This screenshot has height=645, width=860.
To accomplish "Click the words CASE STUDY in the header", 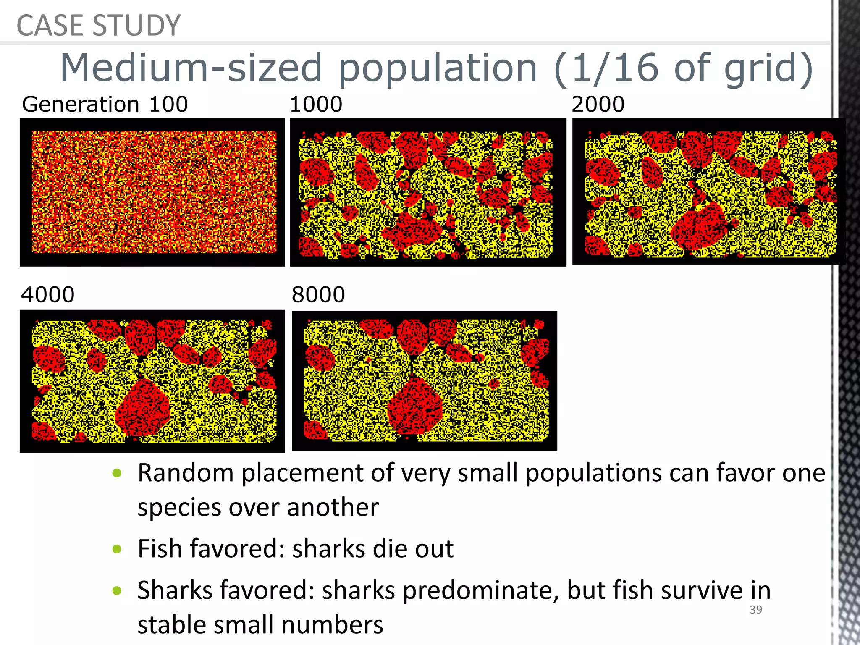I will (98, 25).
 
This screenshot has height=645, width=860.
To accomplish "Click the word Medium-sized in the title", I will (191, 68).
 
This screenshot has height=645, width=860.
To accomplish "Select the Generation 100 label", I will (105, 104).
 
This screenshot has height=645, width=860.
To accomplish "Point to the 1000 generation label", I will (316, 104).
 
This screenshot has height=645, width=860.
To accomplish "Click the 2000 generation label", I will (598, 104).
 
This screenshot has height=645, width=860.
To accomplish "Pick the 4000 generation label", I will (48, 294).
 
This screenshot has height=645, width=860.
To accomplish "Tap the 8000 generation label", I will (318, 294).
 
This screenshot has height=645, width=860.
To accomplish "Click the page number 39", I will (755, 610).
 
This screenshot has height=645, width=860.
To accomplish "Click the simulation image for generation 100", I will (152, 192).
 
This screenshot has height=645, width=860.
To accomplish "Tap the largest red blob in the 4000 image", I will (143, 407).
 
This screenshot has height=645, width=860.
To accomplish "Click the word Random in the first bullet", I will (186, 473).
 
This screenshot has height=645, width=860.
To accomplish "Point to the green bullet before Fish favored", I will (117, 549).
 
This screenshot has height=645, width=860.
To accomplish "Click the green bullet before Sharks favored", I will (117, 591).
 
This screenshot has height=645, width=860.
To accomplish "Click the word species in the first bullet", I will (178, 507).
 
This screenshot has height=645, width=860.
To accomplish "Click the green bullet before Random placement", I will (117, 473).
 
